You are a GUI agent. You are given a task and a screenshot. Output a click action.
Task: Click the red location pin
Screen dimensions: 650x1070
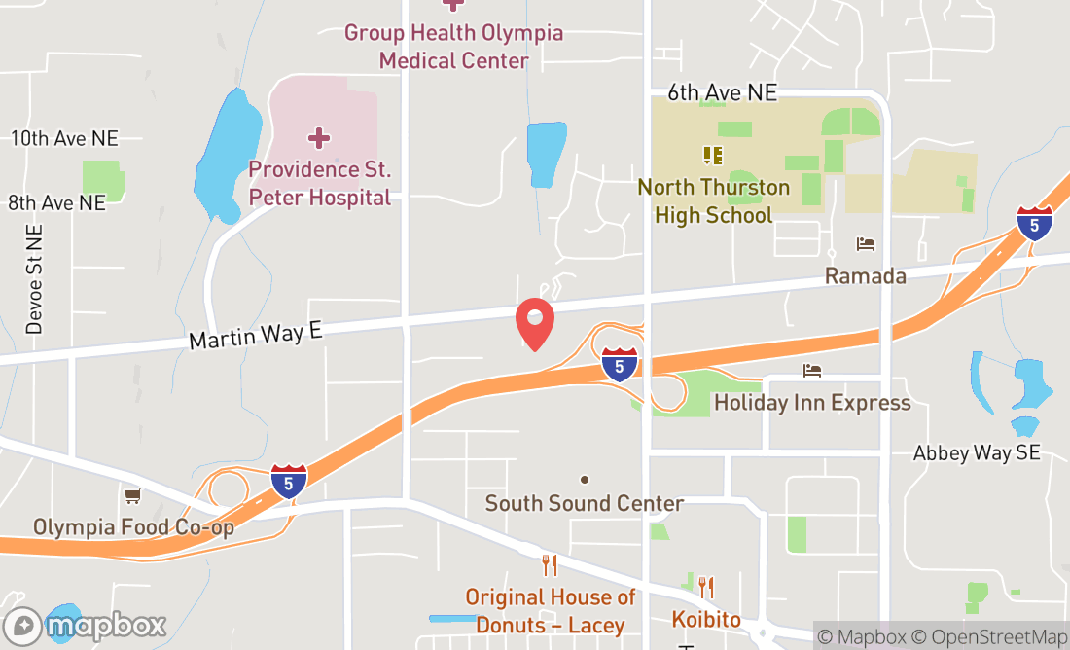534,323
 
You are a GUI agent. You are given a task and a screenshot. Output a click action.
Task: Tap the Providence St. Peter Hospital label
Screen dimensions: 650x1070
320,183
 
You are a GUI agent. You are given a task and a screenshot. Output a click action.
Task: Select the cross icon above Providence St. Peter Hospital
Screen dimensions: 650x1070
319,138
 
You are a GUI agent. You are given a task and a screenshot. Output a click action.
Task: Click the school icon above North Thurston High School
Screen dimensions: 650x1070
712,155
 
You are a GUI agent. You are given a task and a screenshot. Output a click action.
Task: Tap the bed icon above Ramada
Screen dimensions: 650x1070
865,243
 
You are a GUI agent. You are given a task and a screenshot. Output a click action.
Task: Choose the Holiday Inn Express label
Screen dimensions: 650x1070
812,403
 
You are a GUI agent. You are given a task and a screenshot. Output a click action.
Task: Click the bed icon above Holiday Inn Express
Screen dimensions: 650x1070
812,371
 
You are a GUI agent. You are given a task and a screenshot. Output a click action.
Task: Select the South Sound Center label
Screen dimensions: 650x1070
585,504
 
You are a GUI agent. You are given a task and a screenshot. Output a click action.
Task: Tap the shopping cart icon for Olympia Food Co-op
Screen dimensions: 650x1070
133,496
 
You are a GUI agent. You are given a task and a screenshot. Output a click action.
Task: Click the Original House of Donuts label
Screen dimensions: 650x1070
550,610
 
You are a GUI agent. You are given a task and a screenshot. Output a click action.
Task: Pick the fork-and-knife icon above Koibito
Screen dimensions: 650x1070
706,587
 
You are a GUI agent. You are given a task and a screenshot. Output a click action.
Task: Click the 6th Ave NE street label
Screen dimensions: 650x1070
723,92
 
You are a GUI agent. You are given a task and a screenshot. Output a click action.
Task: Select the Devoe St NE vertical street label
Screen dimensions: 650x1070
35,279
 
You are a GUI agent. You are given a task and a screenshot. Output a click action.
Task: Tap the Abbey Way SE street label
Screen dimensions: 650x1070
977,452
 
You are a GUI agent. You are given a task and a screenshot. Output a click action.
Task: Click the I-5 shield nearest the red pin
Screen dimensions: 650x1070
620,364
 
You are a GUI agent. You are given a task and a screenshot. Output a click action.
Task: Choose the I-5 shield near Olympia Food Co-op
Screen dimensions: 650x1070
289,482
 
